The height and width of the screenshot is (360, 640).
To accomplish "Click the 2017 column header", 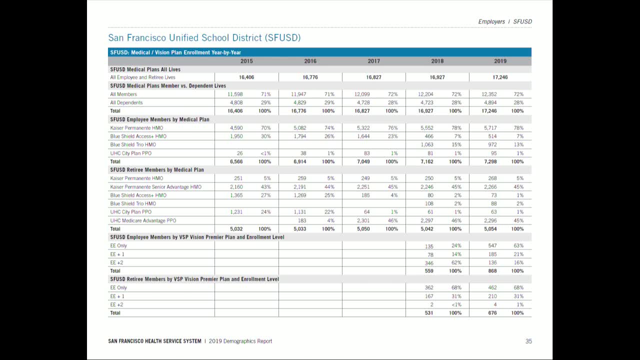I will coord(373,61).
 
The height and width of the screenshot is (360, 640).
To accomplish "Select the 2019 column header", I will coord(500,61).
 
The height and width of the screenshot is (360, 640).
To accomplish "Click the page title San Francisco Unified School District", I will coord(204,38).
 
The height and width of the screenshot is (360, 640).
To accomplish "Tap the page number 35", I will coord(528,341).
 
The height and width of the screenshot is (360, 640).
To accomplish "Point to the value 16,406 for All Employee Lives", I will coord(246,77).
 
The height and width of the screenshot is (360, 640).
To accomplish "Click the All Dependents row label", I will coord(126,102).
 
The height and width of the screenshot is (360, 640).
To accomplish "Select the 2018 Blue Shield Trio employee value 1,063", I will coord(426,144).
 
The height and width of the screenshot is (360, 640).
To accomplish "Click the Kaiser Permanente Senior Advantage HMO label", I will coord(155,187).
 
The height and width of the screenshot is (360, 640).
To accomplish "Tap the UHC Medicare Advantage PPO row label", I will coord(143,220).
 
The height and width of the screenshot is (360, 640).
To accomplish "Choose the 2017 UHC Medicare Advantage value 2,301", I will coord(363,220).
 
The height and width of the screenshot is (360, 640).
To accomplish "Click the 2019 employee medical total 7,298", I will coord(489,161).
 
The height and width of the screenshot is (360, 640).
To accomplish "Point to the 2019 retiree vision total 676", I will coord(492,313).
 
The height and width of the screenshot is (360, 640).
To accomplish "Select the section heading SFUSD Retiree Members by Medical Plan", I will coord(156,170).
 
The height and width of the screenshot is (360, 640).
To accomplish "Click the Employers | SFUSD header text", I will coord(504,21).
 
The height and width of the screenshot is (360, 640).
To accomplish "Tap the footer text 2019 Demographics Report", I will coord(240,341).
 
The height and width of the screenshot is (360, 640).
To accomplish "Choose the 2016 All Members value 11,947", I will coord(298,94).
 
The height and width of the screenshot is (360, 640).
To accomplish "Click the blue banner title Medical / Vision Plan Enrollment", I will coord(175,52).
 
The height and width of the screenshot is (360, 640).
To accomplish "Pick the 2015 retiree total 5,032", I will coord(236,229).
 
